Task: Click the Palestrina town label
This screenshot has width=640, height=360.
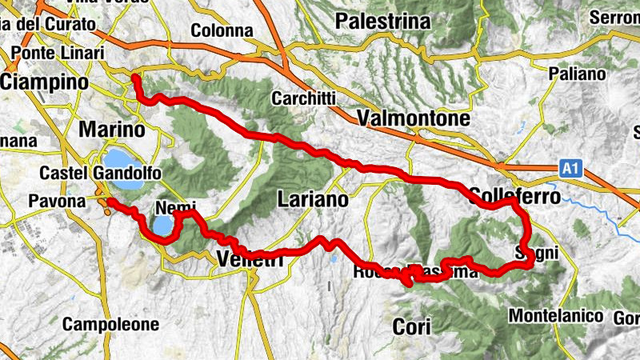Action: tap(383, 22)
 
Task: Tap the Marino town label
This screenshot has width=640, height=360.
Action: tap(111, 130)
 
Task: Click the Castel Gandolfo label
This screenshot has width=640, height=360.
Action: tap(101, 174)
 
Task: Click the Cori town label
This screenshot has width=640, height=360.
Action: tap(412, 326)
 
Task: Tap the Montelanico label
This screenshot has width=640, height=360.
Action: tap(555, 315)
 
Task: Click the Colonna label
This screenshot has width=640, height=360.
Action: tap(222, 30)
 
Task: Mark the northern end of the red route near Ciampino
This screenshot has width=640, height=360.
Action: tap(135, 78)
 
